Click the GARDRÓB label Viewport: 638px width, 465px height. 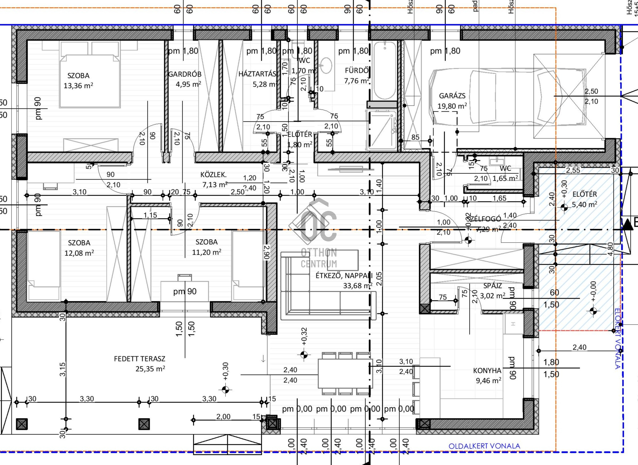185,74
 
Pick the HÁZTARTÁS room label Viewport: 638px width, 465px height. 257,74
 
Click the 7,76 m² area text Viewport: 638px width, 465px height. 357,81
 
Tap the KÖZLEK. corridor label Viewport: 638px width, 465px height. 213,175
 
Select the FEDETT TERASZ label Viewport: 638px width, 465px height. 139,359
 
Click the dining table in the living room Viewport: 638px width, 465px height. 345,373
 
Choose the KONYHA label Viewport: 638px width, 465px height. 487,371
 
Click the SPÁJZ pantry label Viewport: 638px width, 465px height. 493,286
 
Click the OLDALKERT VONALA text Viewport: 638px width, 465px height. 484,446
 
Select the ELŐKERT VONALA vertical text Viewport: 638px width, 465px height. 617,338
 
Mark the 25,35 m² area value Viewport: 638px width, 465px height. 150,369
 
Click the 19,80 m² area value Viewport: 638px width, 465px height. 452,106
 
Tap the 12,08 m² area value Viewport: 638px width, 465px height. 79,253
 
